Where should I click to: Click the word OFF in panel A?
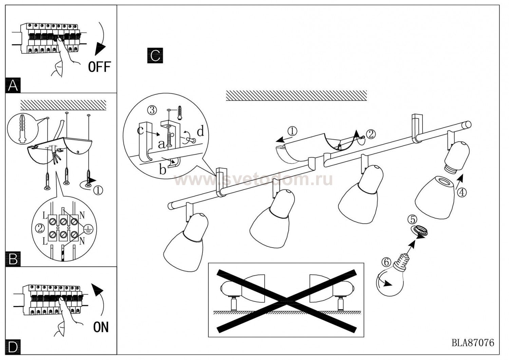click(x=99, y=67)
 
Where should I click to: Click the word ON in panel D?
click(x=101, y=327)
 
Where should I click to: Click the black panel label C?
click(x=155, y=56)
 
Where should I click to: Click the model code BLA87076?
click(x=473, y=342)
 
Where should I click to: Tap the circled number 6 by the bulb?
click(x=385, y=262)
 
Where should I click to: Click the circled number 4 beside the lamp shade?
click(x=461, y=193)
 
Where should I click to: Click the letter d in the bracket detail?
click(x=200, y=131)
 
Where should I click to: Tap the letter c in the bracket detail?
click(x=140, y=130)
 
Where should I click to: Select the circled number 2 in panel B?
click(x=40, y=228)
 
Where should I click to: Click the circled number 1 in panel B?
click(x=98, y=191)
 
